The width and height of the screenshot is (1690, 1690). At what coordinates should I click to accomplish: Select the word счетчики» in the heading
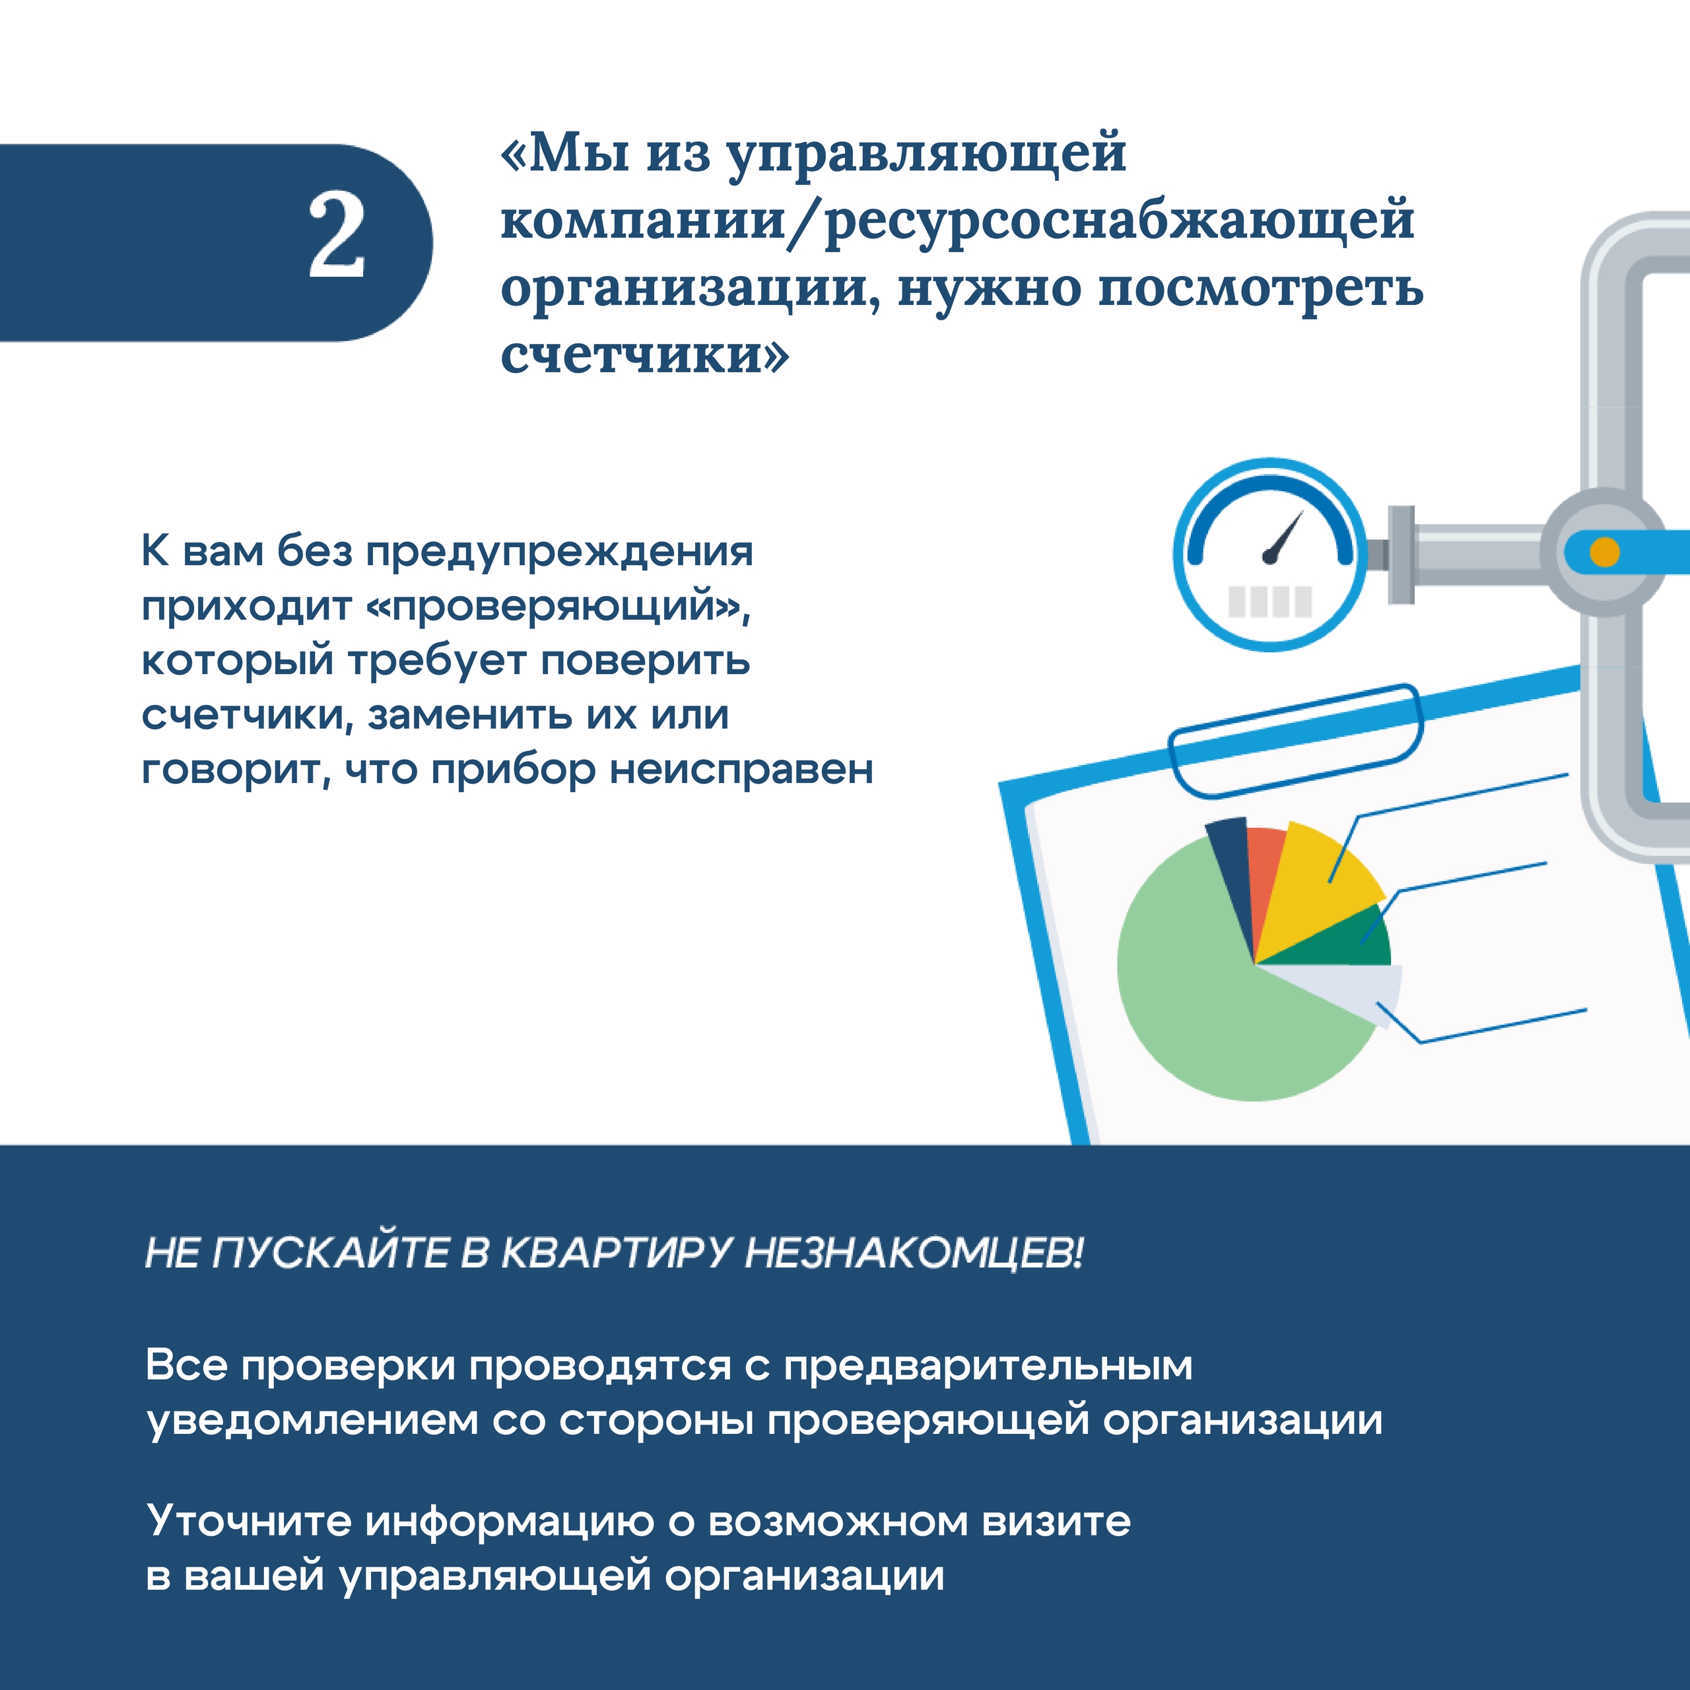(x=645, y=355)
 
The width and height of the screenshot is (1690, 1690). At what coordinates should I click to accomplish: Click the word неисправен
(x=742, y=770)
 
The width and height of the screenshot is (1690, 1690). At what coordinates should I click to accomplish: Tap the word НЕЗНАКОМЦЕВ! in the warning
(x=914, y=1252)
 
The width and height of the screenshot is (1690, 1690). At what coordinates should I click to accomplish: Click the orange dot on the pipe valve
(x=1604, y=552)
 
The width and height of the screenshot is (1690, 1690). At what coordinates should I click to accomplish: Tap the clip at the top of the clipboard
(x=1295, y=740)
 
